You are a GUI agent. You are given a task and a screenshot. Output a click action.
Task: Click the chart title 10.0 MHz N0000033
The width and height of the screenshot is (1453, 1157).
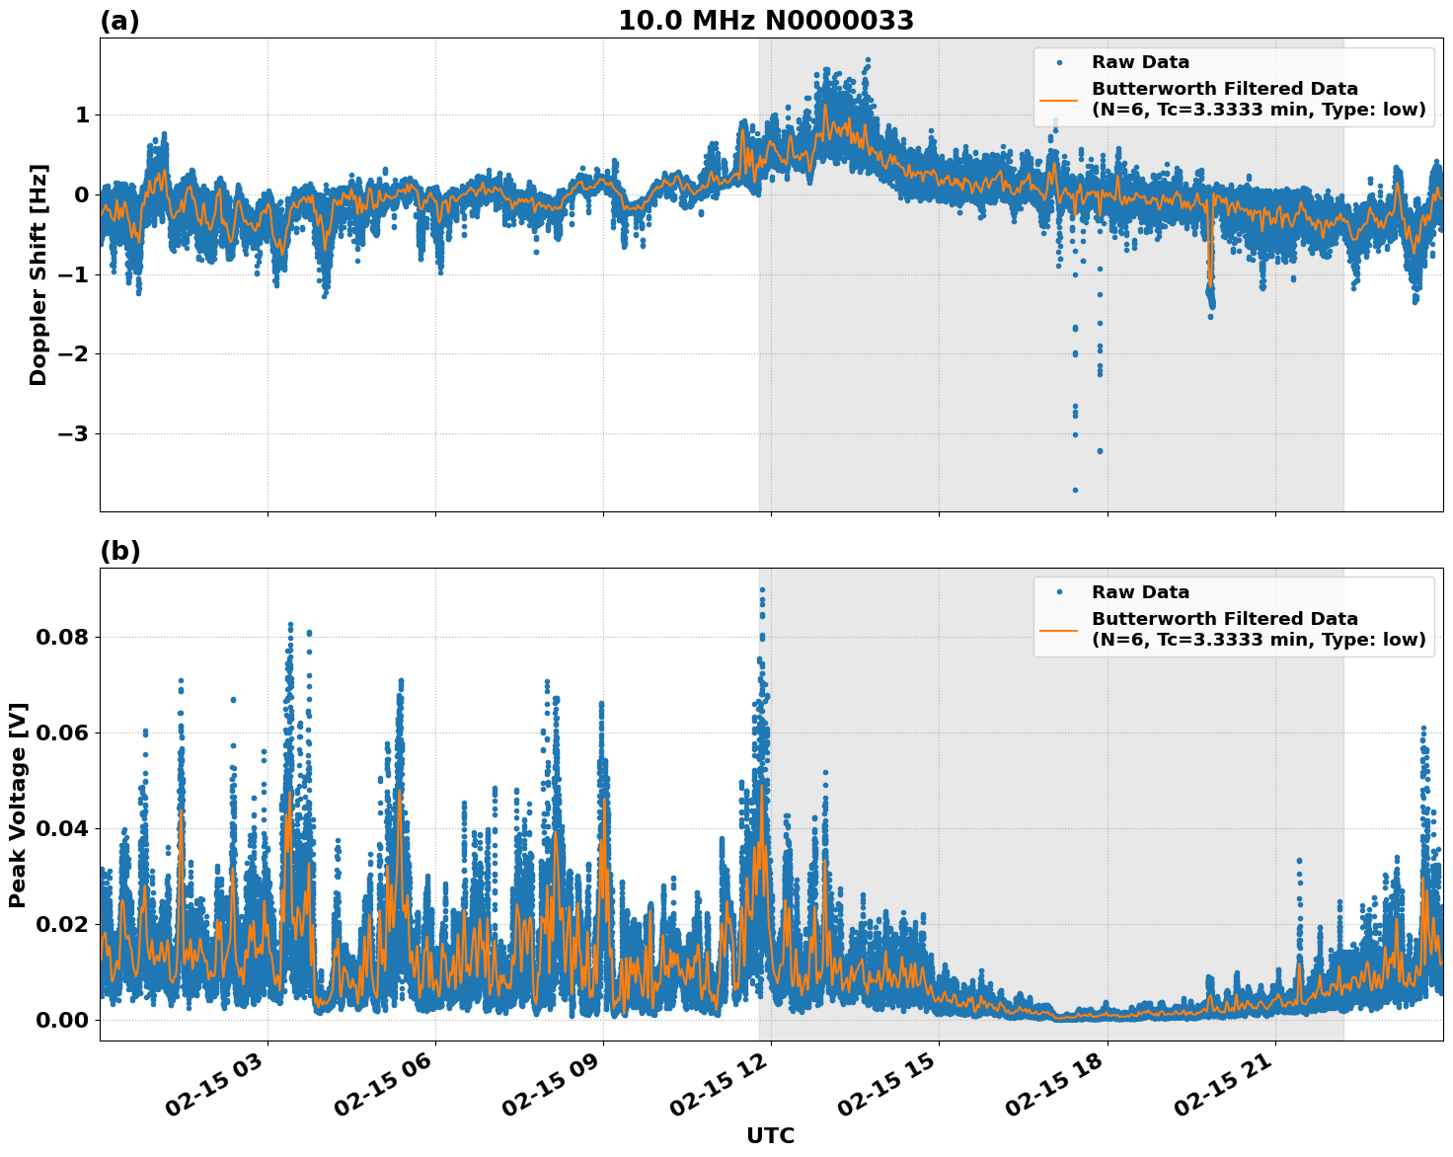(766, 21)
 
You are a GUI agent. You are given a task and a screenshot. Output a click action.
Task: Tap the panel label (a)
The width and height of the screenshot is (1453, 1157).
(119, 21)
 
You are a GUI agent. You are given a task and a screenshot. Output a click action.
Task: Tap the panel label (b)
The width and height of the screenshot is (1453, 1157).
(119, 551)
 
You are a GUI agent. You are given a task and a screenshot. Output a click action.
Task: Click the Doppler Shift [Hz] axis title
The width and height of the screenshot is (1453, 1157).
(38, 274)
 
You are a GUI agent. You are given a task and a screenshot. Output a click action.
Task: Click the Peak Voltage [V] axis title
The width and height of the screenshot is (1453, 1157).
(18, 805)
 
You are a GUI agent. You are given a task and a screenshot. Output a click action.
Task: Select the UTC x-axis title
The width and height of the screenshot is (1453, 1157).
(770, 1135)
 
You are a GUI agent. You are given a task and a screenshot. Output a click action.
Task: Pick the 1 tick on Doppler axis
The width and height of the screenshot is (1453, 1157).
(82, 116)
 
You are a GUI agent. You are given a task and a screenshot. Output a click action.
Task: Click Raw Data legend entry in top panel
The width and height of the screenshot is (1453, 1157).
(1140, 62)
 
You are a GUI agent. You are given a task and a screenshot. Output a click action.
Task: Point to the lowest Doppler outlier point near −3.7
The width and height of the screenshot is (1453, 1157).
(1075, 490)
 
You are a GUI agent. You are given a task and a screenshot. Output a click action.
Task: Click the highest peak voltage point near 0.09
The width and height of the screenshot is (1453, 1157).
(762, 589)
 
